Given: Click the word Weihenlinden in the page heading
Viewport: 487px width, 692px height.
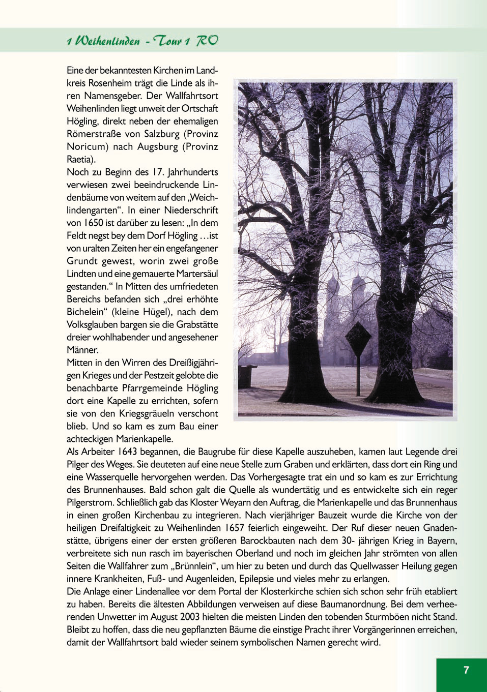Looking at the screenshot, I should coord(107,41).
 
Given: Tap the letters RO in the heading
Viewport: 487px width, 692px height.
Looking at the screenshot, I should coord(207,40).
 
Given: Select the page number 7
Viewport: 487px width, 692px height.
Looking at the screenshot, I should coord(466,670).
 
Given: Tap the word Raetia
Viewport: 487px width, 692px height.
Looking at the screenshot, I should coord(80,159).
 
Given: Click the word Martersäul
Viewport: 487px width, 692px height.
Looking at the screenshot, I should coord(195,274).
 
